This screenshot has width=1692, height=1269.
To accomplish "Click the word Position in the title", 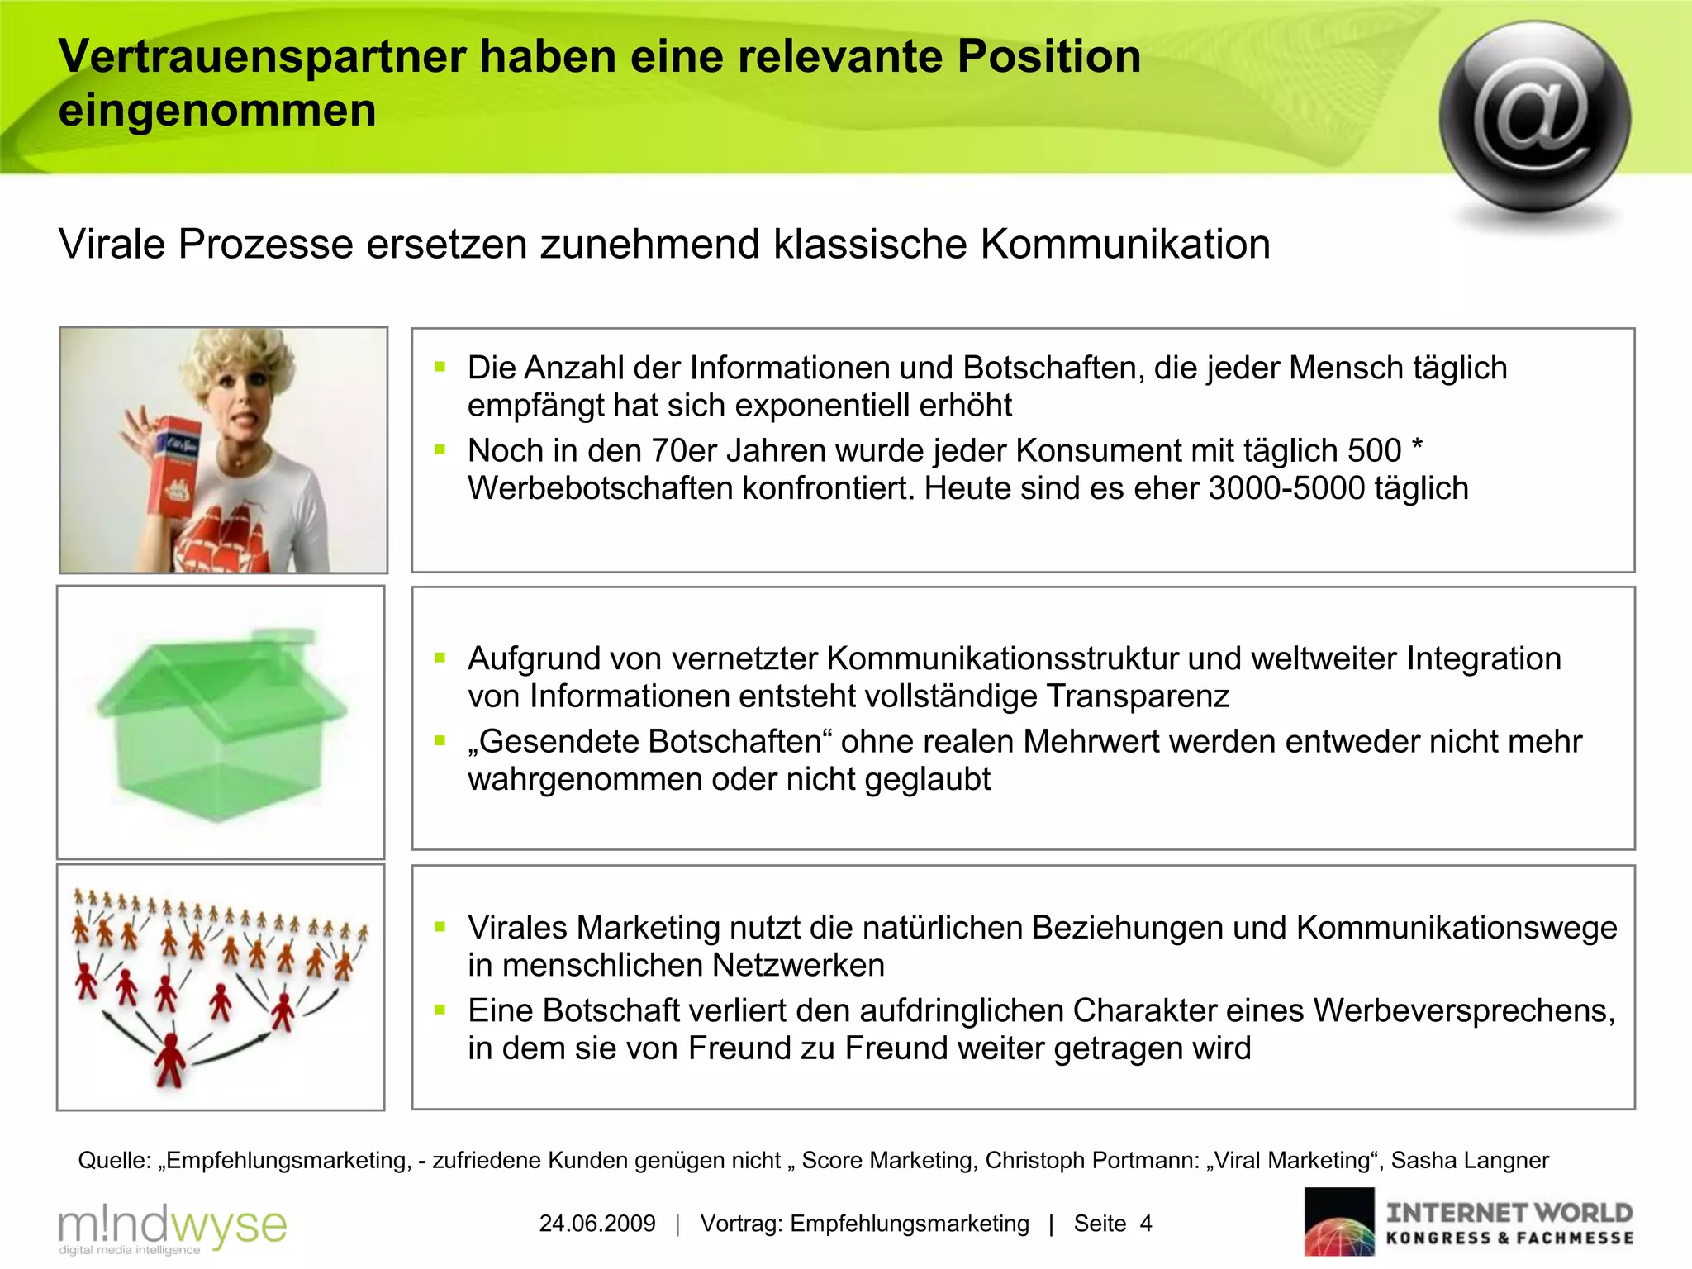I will pyautogui.click(x=1048, y=56).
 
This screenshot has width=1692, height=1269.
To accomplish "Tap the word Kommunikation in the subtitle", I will pyautogui.click(x=1125, y=245).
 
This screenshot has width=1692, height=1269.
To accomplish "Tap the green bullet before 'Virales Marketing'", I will pyautogui.click(x=440, y=928).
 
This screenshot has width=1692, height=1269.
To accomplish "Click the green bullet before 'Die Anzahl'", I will pyautogui.click(x=440, y=368).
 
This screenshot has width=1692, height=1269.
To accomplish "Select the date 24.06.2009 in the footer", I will pyautogui.click(x=597, y=1224).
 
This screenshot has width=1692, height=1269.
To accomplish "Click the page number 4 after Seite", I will pyautogui.click(x=1145, y=1224).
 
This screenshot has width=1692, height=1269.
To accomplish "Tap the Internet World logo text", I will pyautogui.click(x=1509, y=1214).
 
